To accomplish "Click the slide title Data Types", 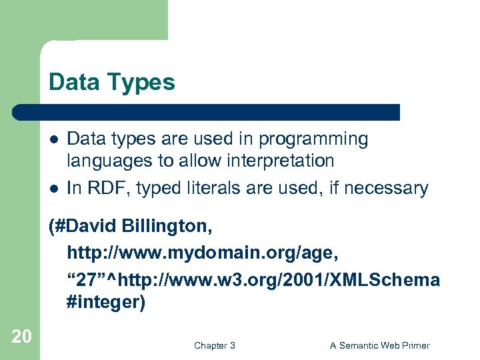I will click(x=111, y=83).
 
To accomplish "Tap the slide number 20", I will click(x=21, y=337).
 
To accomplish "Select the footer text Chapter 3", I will click(x=214, y=345).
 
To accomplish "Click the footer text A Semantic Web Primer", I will click(x=380, y=345).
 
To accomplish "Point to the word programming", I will click(x=313, y=139).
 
